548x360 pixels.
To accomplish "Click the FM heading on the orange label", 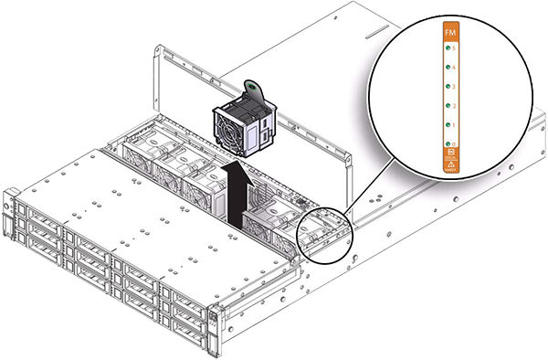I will (448, 32).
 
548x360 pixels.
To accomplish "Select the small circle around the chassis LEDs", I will (323, 232).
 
